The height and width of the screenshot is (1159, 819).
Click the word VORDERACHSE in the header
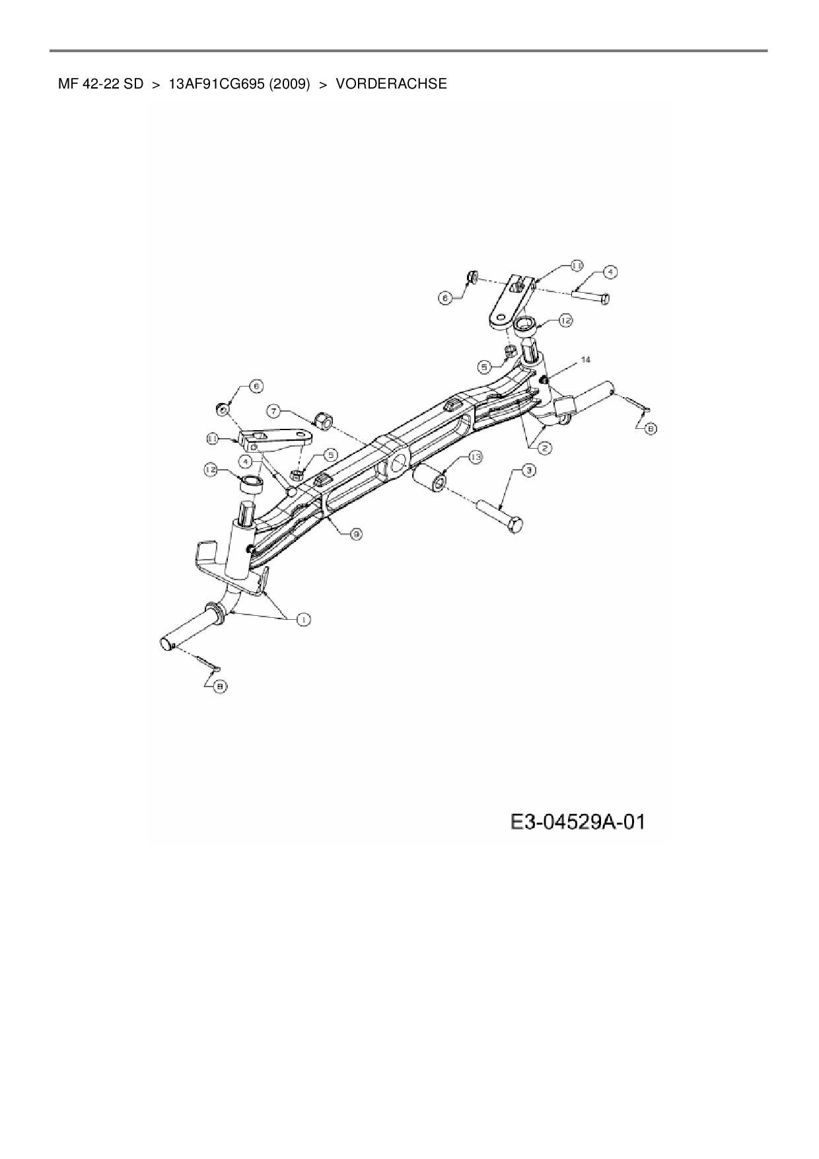pyautogui.click(x=391, y=85)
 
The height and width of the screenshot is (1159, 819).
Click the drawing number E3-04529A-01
pyautogui.click(x=577, y=823)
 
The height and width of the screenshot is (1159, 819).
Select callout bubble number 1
pyautogui.click(x=303, y=619)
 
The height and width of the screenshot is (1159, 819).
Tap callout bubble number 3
pyautogui.click(x=528, y=470)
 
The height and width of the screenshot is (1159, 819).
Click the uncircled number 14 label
pyautogui.click(x=585, y=360)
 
